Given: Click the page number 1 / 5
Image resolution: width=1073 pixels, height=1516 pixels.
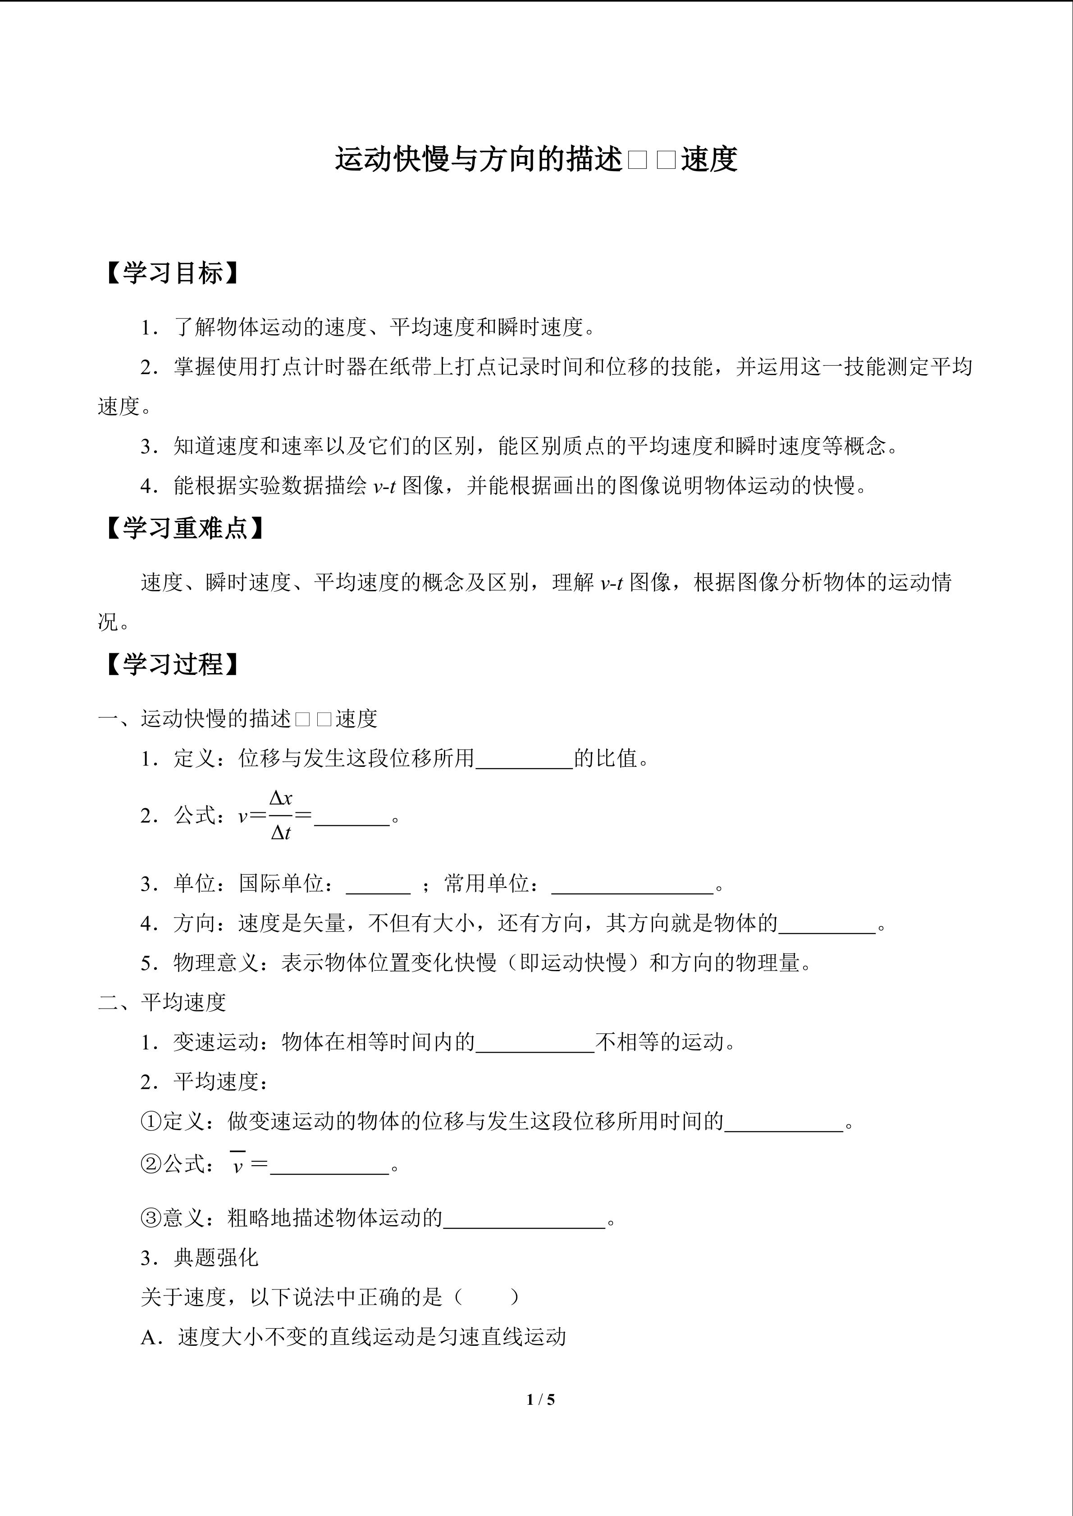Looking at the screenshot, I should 540,1398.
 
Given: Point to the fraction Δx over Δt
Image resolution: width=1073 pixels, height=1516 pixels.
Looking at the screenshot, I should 281,816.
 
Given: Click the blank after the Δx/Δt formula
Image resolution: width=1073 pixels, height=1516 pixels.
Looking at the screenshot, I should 352,819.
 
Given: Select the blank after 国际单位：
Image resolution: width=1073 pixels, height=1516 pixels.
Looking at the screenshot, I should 378,886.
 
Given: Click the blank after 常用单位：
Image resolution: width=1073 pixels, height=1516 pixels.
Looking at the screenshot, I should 632,886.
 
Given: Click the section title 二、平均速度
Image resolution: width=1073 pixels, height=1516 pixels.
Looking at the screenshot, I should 162,1002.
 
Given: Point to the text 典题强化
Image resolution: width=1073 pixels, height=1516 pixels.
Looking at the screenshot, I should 215,1258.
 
